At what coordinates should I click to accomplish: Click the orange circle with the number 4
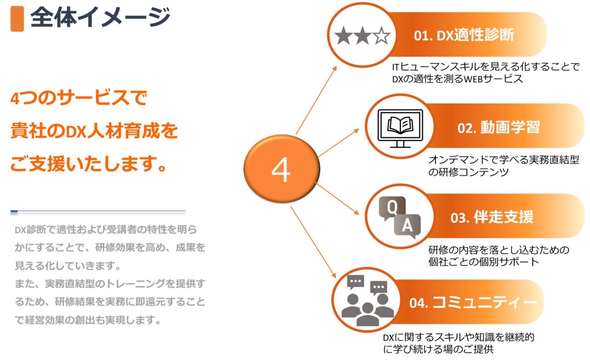282,169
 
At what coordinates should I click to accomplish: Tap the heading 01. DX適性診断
464,35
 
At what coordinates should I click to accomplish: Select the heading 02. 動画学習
498,127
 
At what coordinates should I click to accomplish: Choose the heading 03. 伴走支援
492,217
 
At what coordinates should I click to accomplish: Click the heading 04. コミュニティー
472,302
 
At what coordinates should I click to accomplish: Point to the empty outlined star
382,36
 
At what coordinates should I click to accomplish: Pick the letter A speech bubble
407,225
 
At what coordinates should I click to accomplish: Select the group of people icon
367,302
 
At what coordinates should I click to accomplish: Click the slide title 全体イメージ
100,17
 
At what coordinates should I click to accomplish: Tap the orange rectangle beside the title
17,18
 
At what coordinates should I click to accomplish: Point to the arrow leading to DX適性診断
316,100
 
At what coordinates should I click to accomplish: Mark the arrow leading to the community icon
313,242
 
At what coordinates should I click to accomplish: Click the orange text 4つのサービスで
79,98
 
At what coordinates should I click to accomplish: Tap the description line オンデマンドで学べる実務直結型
504,159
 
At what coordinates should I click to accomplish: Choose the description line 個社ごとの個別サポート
484,262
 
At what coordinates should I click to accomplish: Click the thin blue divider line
98,211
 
